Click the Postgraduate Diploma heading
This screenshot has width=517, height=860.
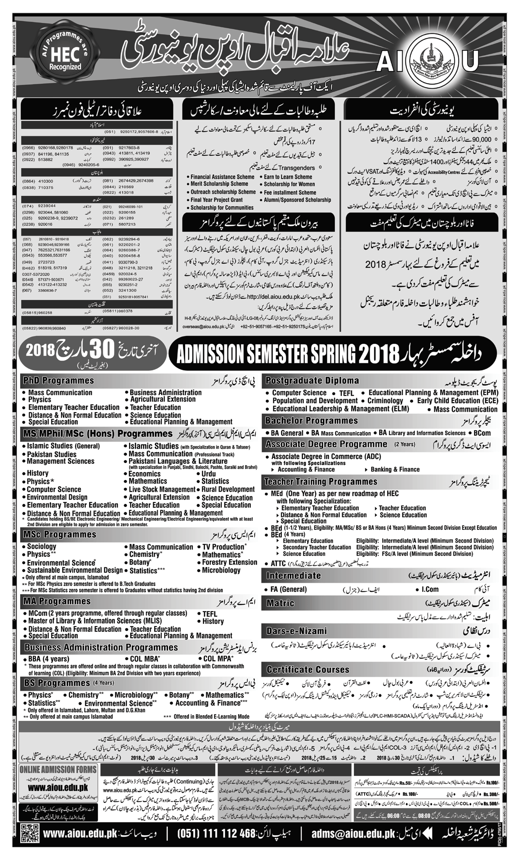(312, 381)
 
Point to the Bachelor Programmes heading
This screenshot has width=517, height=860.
(312, 421)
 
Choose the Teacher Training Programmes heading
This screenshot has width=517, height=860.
(321, 481)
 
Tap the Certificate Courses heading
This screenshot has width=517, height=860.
(308, 670)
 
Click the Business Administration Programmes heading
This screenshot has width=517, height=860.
(101, 648)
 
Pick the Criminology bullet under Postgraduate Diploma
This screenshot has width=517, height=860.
(385, 401)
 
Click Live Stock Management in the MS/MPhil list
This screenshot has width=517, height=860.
(162, 490)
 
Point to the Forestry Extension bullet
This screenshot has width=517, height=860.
(229, 562)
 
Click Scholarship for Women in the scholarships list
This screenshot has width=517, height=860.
(289, 184)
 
